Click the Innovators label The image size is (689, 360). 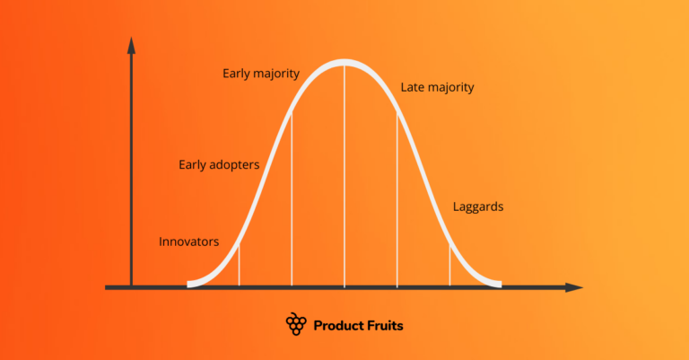click(x=188, y=241)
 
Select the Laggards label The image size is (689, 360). click(x=477, y=206)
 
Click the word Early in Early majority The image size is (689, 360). click(x=238, y=73)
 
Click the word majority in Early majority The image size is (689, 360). click(x=277, y=73)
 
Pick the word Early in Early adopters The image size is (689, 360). click(x=193, y=164)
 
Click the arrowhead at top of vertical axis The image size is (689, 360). click(x=132, y=44)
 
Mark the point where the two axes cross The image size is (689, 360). click(x=132, y=287)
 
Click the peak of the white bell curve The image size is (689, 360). click(x=344, y=63)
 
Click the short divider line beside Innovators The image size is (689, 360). click(x=239, y=265)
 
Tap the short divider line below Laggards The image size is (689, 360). click(x=449, y=265)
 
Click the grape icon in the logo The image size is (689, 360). click(x=296, y=324)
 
